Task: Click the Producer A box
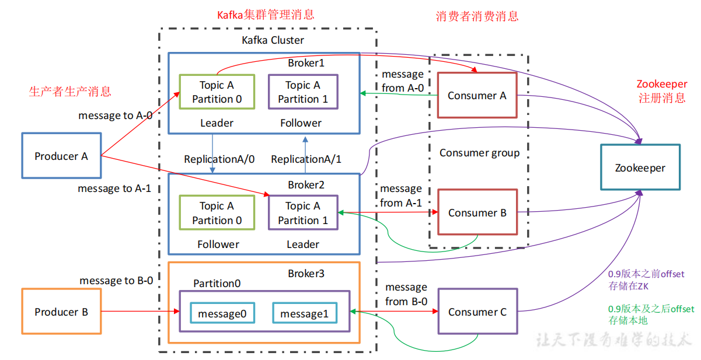coord(61,156)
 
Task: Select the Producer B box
coord(61,311)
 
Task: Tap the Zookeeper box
coord(640,167)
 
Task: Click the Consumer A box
coord(477,95)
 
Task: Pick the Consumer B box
coord(477,212)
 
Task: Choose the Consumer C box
coord(477,311)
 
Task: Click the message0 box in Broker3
coord(222,313)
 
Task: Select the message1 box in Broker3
coord(305,313)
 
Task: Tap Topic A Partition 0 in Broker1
coord(217,92)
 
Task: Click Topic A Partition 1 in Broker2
coord(304,213)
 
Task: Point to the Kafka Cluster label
coord(273,40)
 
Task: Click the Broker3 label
coord(306,274)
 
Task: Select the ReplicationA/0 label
coord(219,159)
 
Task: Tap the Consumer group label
coord(479,153)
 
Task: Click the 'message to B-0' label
coord(116,281)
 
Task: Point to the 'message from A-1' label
coord(401,195)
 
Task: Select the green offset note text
coord(651,314)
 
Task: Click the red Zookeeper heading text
coord(662,90)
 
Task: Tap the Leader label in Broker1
coord(217,123)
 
